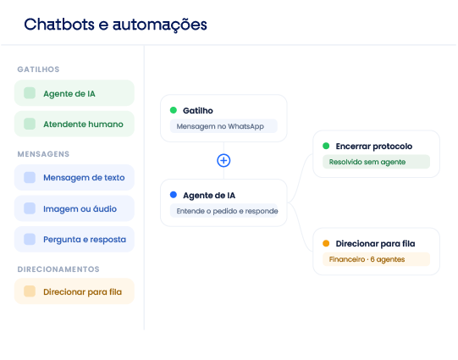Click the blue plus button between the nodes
(223, 160)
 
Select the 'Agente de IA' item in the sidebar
(74, 93)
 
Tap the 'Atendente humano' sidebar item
(74, 124)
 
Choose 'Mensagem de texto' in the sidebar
(74, 177)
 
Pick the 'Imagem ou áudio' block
(74, 208)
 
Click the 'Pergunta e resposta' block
(74, 240)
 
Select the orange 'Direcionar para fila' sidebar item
(74, 291)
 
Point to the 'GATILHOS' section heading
(38, 69)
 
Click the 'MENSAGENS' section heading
(43, 154)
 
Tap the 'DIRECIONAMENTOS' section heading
(58, 269)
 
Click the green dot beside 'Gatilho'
(174, 110)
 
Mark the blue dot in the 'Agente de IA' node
(174, 195)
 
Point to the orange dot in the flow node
(326, 243)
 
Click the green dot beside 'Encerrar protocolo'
(326, 146)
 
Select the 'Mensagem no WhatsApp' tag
(223, 126)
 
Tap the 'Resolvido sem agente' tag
(376, 162)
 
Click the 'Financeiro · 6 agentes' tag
(376, 259)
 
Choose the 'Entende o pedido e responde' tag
(223, 211)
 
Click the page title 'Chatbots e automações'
(115, 25)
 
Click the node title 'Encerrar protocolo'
(374, 146)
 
